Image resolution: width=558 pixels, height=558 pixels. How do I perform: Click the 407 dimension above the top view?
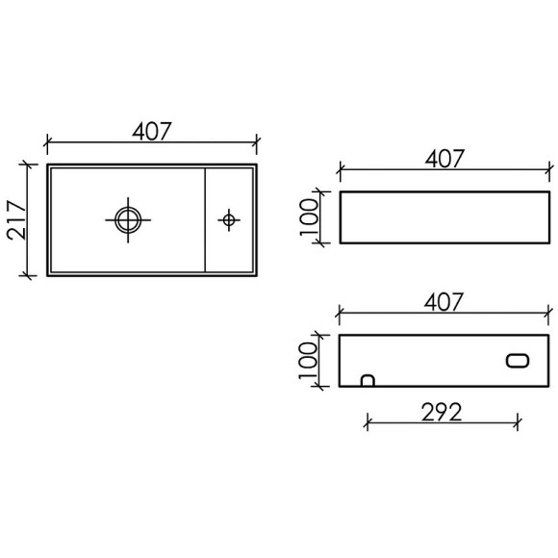click(152, 131)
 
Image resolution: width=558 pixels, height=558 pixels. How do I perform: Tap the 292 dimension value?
click(442, 411)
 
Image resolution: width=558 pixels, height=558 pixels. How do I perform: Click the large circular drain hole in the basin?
click(126, 218)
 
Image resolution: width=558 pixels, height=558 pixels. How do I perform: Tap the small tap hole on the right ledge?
click(228, 219)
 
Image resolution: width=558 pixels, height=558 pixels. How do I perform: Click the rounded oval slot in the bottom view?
click(516, 360)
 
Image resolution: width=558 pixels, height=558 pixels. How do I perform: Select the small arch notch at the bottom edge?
click(367, 380)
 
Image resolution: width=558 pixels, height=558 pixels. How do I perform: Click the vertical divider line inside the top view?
click(207, 219)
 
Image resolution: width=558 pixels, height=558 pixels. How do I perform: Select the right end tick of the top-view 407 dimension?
click(257, 141)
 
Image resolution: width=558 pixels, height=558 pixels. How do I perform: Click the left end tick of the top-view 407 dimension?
click(47, 141)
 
